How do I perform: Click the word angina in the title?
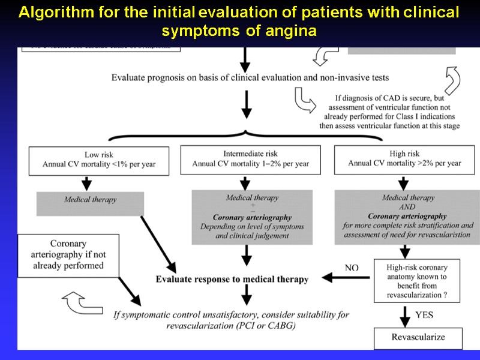point(292,31)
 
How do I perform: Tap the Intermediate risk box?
point(251,159)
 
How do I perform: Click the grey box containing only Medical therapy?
point(91,203)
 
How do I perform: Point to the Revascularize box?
point(418,337)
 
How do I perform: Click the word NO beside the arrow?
point(352,268)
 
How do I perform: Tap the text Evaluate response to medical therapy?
point(232,280)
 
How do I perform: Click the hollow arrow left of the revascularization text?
point(80,303)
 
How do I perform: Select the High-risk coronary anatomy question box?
point(418,280)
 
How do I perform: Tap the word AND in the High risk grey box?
point(408,207)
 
